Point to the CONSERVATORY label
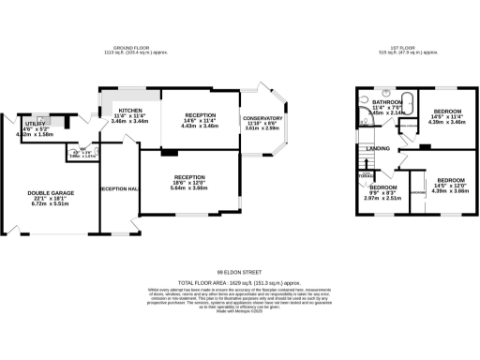[x=262, y=118]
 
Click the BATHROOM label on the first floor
[x=386, y=101]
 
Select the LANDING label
[x=379, y=148]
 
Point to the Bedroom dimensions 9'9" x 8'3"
[x=382, y=192]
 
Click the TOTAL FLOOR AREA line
[x=239, y=281]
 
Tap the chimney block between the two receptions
[x=167, y=150]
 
